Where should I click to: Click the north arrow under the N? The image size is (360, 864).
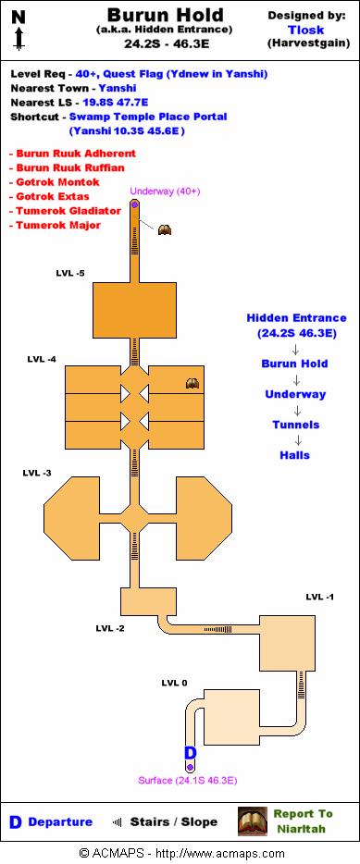click(x=19, y=39)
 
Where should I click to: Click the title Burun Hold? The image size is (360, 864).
click(x=165, y=15)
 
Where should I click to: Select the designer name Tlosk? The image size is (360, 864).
click(x=306, y=31)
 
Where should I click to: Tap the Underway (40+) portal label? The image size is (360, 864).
click(x=165, y=191)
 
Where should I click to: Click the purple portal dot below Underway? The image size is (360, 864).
click(x=134, y=204)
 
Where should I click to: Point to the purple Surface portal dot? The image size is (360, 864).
click(x=190, y=767)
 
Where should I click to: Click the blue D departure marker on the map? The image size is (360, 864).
click(x=191, y=753)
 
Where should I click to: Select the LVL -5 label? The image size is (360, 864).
click(x=70, y=273)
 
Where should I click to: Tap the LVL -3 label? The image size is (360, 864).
click(x=37, y=473)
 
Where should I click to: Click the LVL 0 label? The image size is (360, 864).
click(x=174, y=684)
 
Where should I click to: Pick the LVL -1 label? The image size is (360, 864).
click(x=320, y=598)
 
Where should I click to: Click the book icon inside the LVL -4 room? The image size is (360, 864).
click(x=192, y=384)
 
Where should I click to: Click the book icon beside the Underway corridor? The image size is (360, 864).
click(x=165, y=229)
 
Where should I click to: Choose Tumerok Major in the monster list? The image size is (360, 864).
click(x=58, y=226)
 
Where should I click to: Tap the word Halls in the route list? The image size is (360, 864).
click(x=295, y=455)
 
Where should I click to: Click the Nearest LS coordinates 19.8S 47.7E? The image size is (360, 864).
click(x=116, y=103)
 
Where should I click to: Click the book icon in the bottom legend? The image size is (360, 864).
click(x=253, y=821)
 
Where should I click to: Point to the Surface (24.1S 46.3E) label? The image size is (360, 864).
click(x=188, y=780)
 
